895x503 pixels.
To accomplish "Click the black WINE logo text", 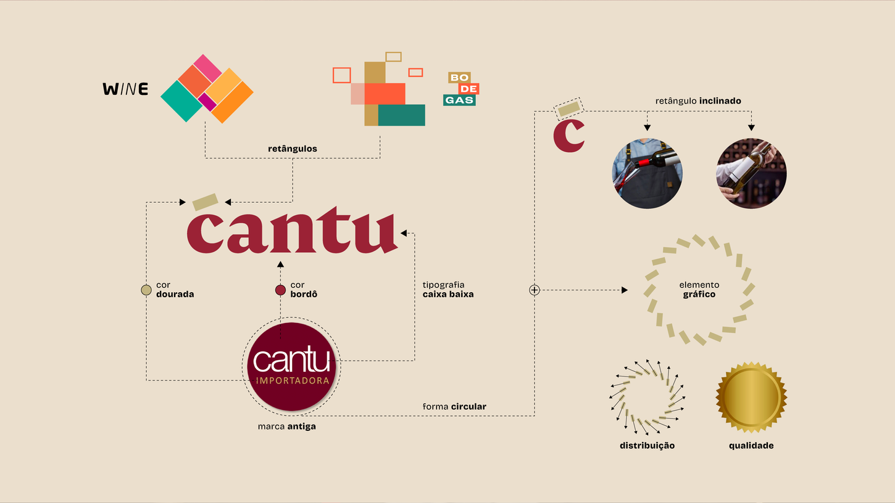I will [125, 89].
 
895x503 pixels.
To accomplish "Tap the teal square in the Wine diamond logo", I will [181, 101].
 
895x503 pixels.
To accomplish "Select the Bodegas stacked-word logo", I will [460, 89].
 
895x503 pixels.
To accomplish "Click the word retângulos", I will [293, 149].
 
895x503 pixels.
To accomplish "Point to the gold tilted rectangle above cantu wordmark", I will [205, 202].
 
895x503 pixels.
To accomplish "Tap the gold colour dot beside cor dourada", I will [146, 290].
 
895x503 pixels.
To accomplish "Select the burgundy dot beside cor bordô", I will [280, 290].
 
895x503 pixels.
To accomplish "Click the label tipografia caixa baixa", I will [448, 290].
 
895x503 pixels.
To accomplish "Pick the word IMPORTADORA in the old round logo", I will [293, 380].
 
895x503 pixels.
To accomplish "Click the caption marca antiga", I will [287, 426].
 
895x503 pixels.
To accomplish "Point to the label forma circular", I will [454, 406].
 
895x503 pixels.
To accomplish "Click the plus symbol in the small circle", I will [535, 290].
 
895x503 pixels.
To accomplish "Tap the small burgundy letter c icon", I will [568, 136].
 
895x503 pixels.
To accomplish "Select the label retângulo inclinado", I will [698, 100].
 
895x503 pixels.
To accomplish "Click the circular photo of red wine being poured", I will [647, 173].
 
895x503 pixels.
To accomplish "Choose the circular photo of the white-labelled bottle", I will [751, 173].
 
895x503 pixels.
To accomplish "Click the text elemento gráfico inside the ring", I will [699, 290].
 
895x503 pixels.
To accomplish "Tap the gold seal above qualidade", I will [751, 397].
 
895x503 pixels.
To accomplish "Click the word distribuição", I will [647, 445].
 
